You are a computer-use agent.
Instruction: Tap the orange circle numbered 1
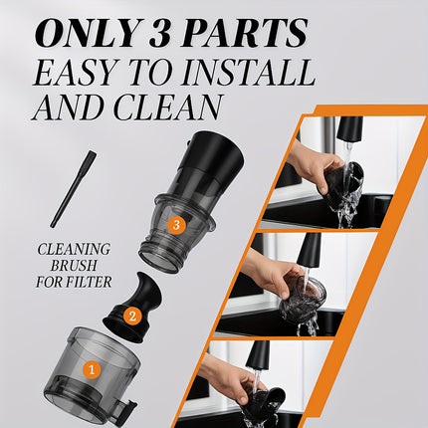(92, 370)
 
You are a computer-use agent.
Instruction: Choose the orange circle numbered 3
(175, 225)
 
